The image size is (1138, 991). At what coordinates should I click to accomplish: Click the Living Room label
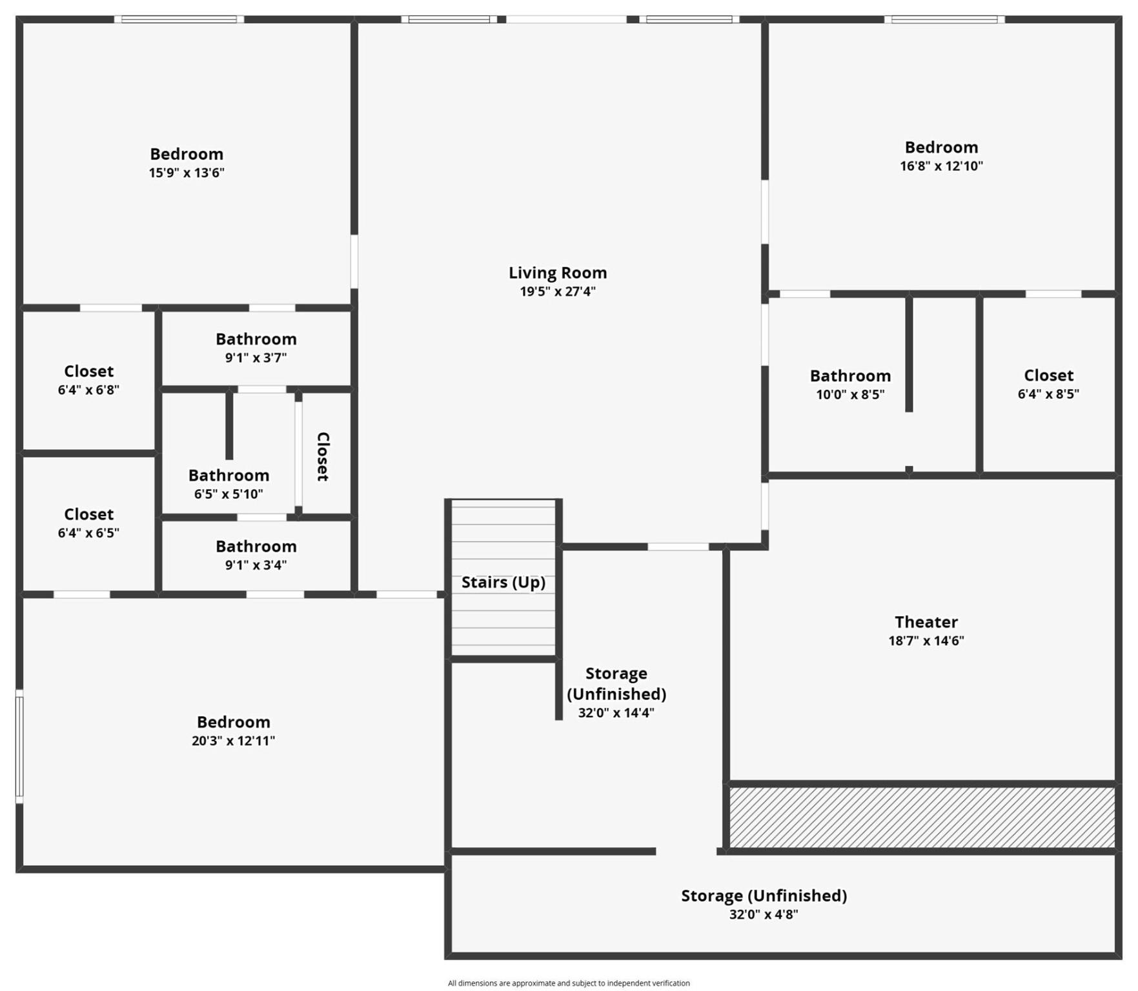click(x=557, y=273)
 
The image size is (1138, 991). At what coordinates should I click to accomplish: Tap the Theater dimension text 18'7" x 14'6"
click(x=926, y=641)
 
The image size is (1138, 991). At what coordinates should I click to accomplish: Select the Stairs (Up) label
click(x=503, y=582)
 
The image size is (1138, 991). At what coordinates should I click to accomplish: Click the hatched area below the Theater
click(x=921, y=817)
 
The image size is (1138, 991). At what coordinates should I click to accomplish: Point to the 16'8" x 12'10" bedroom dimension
click(x=940, y=166)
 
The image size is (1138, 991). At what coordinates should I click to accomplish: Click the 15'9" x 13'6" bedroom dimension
click(x=187, y=173)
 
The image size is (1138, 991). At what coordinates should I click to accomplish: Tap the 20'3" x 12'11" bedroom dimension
click(x=233, y=741)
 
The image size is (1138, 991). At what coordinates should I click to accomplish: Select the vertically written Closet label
click(x=323, y=456)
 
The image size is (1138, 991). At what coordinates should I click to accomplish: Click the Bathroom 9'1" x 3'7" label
click(x=256, y=339)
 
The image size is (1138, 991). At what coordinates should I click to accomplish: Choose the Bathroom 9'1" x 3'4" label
click(x=256, y=546)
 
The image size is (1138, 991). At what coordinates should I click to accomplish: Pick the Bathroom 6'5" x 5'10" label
click(x=229, y=475)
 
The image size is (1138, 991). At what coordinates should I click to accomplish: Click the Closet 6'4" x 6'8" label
click(x=88, y=372)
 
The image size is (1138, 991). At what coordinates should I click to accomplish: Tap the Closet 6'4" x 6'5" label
click(x=88, y=515)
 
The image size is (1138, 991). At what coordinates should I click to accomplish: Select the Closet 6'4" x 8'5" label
click(x=1048, y=375)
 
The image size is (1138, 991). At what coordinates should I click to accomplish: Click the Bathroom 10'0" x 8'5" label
click(x=849, y=376)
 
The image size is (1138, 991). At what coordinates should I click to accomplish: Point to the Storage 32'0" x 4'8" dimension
click(x=763, y=914)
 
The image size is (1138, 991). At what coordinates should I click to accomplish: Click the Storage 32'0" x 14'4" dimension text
click(x=616, y=713)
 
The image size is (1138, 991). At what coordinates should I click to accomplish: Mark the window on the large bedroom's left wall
click(x=19, y=746)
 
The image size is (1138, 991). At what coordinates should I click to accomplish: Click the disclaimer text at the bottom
click(x=569, y=983)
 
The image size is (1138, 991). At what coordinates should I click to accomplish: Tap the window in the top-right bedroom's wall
click(x=944, y=19)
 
